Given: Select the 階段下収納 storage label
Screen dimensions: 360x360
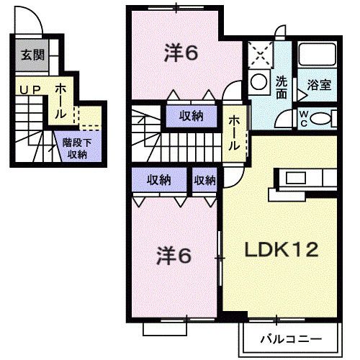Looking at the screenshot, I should click(x=75, y=148).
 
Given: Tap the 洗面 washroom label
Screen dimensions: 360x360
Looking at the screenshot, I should click(x=282, y=87).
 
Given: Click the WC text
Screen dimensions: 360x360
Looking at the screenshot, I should click(x=303, y=117).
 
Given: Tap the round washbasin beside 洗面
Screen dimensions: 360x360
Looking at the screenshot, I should click(x=257, y=84).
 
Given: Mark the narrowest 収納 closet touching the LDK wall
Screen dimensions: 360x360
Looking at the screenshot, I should click(x=204, y=181).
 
